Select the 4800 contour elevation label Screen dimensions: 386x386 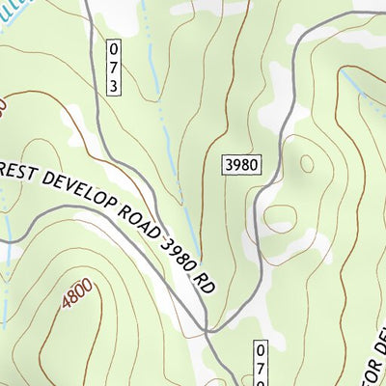(x=78, y=292)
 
